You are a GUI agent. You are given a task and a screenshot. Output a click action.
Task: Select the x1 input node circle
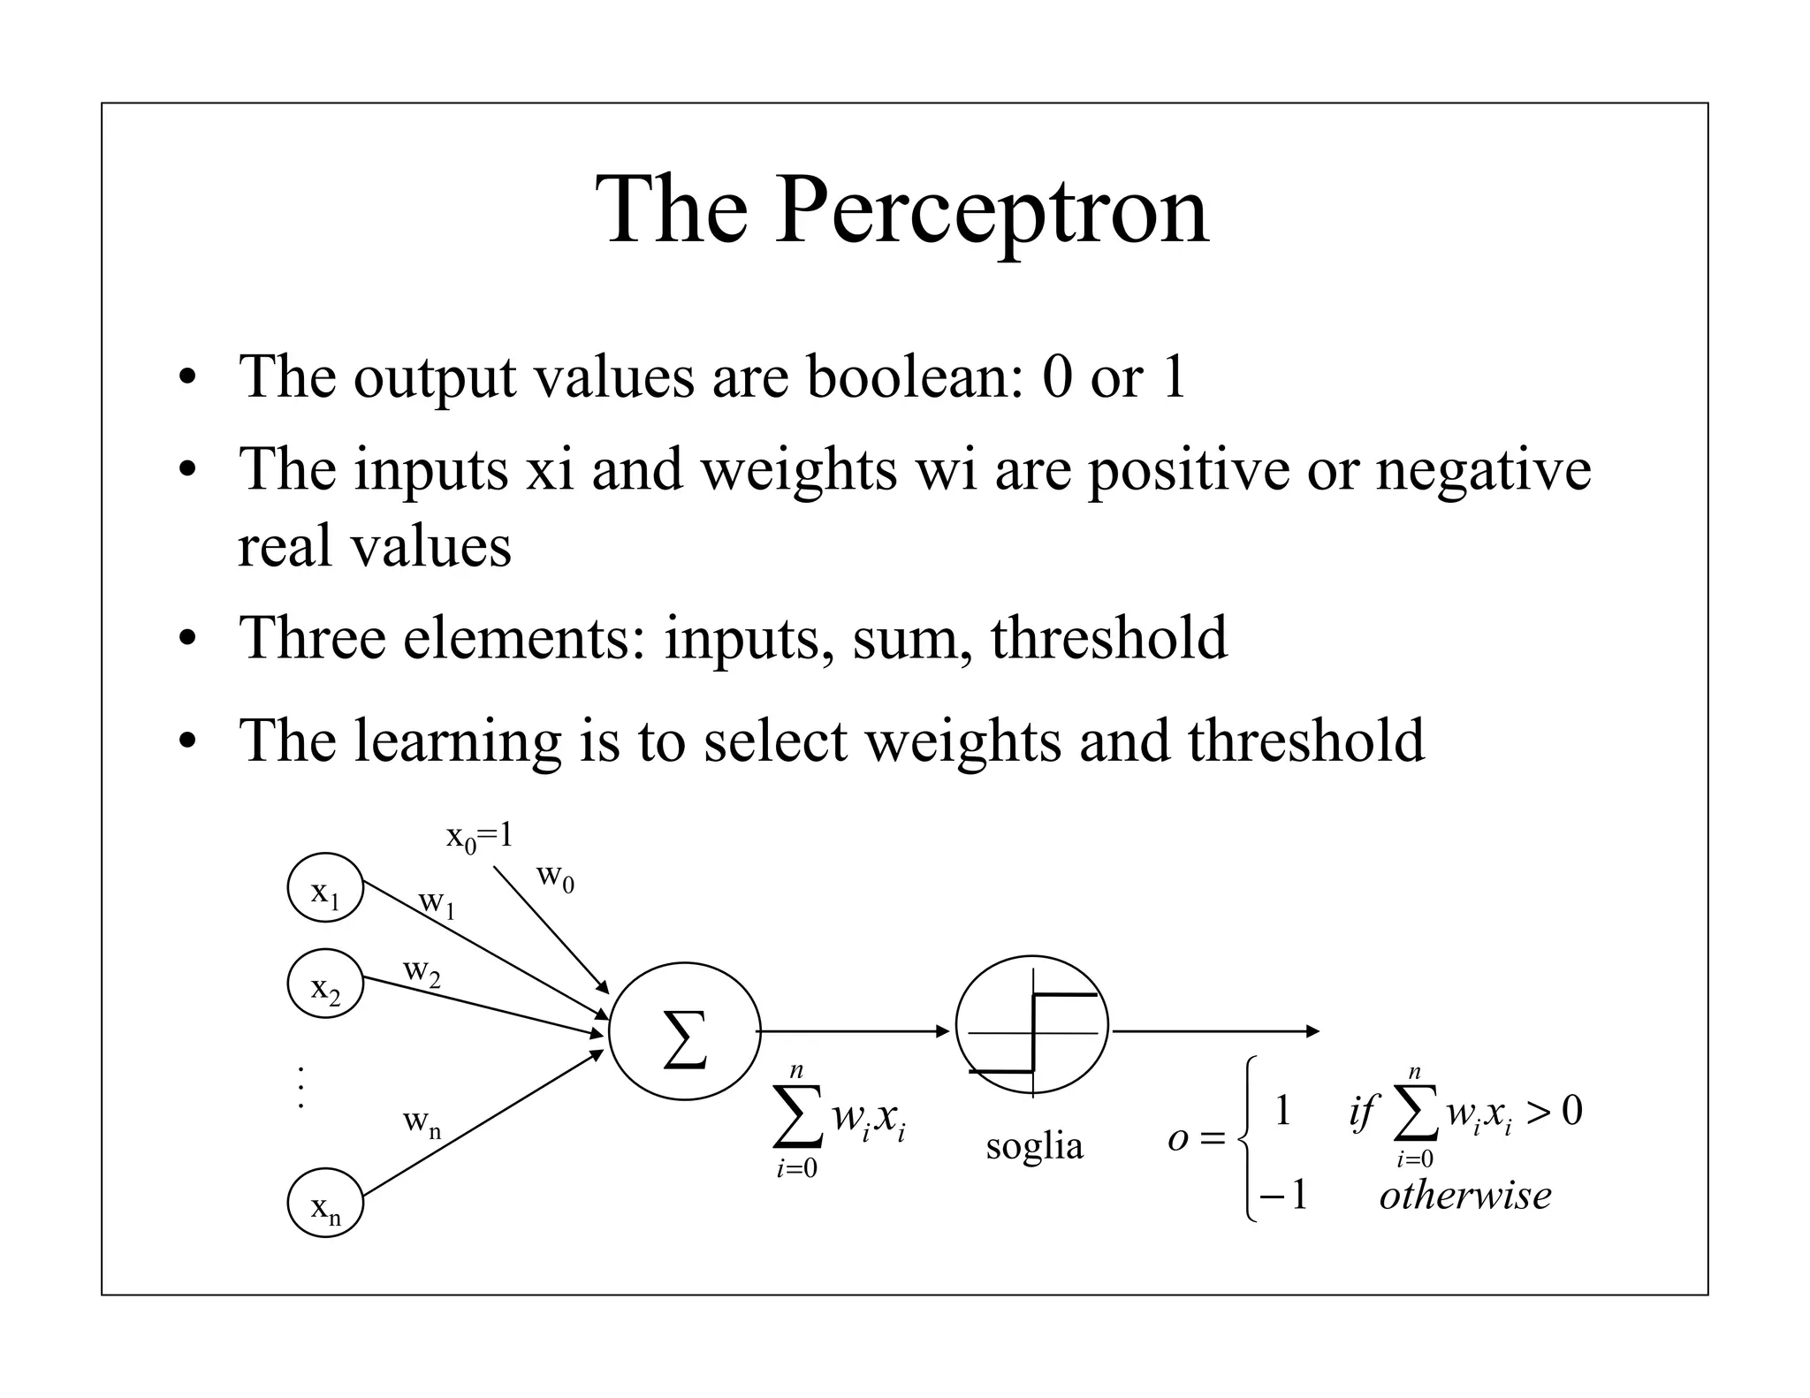coord(325,887)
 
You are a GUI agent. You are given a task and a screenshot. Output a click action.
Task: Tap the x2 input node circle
coord(325,983)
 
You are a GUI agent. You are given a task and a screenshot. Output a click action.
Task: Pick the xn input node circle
coord(325,1203)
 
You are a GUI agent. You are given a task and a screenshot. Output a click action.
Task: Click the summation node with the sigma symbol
coord(684,1031)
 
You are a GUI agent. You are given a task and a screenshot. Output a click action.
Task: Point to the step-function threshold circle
coord(1031,1030)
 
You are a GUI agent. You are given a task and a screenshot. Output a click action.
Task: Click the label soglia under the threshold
coord(1034,1146)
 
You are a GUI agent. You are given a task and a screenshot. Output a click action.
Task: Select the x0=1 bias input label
coord(479,836)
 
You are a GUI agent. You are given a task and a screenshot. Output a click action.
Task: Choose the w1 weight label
coord(437,902)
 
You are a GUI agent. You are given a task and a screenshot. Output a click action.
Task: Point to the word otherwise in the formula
coord(1464,1196)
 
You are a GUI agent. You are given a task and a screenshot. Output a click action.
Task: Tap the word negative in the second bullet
coord(1482,468)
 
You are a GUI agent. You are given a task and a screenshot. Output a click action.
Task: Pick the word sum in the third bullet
coord(904,637)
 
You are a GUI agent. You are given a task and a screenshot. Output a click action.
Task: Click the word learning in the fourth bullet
coord(457,741)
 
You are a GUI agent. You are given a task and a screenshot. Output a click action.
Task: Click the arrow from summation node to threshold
coord(854,1031)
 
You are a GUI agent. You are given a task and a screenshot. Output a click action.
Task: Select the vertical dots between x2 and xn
coord(301,1088)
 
